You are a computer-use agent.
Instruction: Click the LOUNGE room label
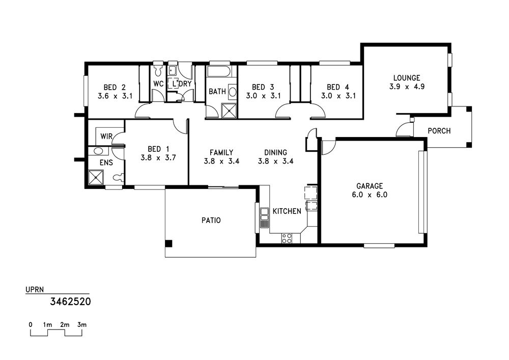pos(407,78)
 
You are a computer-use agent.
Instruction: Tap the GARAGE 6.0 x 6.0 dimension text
pos(370,195)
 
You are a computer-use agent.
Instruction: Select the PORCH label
pos(439,131)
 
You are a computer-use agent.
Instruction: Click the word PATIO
pos(211,220)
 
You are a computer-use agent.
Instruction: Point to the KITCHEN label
pos(287,211)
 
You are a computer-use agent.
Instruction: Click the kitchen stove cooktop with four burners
pos(287,238)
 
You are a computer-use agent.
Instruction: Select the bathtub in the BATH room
pos(219,72)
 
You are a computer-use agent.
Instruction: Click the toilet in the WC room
pos(158,70)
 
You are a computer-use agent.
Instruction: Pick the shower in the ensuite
pos(96,178)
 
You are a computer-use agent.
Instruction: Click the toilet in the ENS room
pos(118,177)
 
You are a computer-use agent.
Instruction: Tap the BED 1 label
pos(158,149)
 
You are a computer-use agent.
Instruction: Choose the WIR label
pos(106,136)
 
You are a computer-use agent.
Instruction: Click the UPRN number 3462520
pos(70,301)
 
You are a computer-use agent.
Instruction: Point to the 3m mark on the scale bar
pos(82,325)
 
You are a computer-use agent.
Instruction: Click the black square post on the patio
pos(169,243)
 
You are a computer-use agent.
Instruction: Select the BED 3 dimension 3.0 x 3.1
pos(263,96)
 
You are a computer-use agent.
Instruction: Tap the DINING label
pos(275,152)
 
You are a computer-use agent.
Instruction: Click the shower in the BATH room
pos(229,110)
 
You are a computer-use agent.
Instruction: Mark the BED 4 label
pos(338,87)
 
